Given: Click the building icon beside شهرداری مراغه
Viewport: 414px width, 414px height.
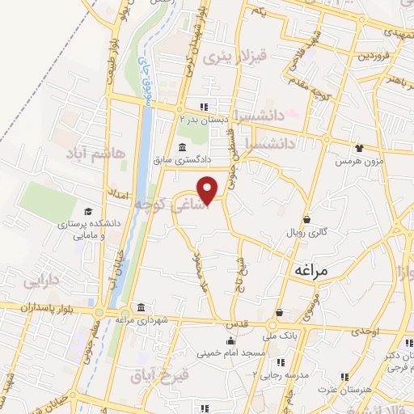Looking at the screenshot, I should coord(142,309).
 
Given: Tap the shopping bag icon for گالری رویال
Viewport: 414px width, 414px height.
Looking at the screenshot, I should coord(306,218).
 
